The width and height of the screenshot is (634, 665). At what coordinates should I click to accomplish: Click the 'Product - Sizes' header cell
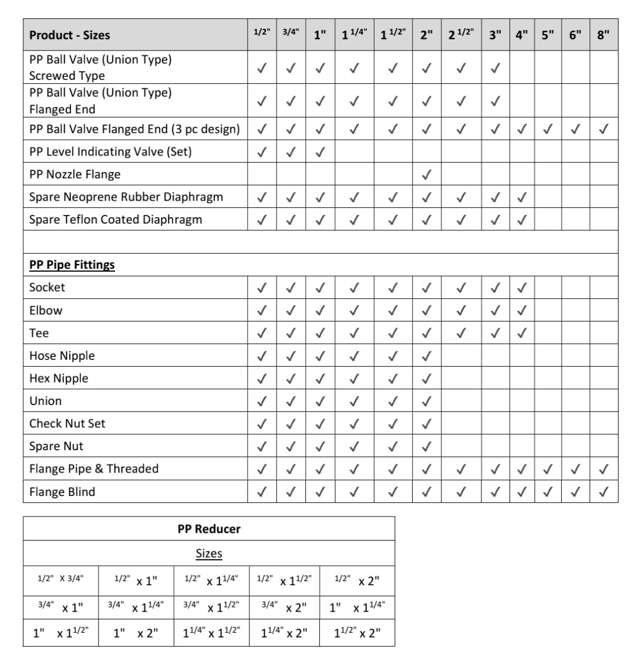[69, 35]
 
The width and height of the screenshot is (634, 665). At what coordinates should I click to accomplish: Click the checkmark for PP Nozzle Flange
[427, 174]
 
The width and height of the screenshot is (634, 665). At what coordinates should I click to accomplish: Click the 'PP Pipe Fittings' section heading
[72, 265]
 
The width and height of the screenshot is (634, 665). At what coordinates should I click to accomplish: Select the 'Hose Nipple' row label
[62, 356]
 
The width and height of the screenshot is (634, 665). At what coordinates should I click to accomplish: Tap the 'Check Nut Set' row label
[68, 423]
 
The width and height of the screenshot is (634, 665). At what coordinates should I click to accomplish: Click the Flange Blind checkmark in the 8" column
[604, 492]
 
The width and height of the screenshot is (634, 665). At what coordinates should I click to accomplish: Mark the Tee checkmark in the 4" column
[521, 333]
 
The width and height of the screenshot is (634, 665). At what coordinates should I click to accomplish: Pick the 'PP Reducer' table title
[208, 529]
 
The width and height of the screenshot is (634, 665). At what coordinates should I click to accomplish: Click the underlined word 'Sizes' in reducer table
[208, 553]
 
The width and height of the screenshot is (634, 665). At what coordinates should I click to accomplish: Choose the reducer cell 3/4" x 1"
[60, 606]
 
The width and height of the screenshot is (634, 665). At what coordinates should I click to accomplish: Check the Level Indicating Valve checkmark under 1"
[320, 152]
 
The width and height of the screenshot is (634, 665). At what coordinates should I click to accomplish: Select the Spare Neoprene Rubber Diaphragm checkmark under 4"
[521, 198]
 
